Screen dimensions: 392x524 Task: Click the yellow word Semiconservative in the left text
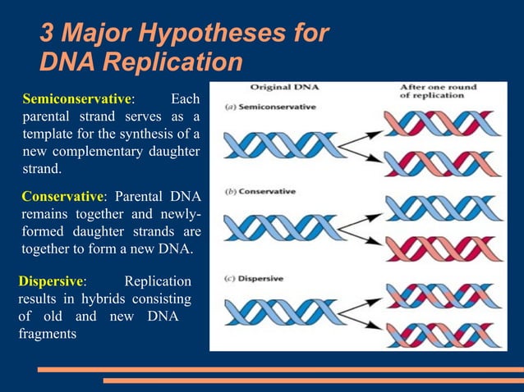click(x=76, y=99)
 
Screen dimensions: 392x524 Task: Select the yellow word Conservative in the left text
click(x=62, y=197)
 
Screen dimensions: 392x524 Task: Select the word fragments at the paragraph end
click(x=48, y=335)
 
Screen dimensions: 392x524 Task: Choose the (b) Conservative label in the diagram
click(x=262, y=192)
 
